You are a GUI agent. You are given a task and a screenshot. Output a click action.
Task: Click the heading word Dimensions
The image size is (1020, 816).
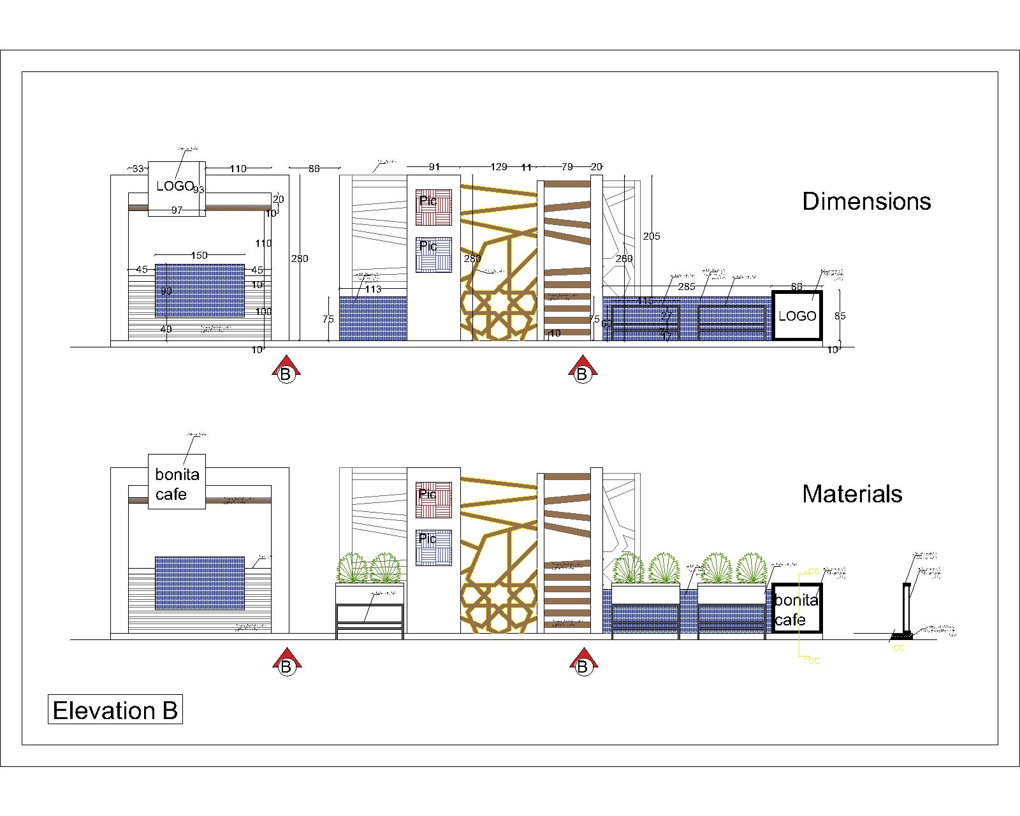pos(866,201)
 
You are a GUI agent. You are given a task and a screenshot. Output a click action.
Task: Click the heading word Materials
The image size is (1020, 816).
pos(852,494)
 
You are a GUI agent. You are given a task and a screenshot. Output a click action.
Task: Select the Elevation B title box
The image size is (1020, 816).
pos(115,710)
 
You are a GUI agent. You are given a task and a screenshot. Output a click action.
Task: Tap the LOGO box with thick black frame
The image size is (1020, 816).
pos(797,316)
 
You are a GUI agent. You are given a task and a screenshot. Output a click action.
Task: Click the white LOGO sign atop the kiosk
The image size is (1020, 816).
pos(177,188)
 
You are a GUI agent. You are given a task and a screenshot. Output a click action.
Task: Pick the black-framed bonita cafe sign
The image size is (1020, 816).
pos(796,609)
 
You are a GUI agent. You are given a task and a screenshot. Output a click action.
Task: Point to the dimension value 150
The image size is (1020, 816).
pos(200,255)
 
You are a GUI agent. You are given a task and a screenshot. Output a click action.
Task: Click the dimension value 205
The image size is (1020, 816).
pos(652,237)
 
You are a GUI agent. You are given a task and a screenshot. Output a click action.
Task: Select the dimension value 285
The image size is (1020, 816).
pos(687,287)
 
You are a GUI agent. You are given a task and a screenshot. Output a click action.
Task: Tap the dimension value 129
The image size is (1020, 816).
pos(499,167)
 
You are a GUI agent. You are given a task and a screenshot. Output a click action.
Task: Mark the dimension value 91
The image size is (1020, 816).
pos(434,167)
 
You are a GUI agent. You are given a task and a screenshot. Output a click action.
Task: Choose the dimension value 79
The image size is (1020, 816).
pos(567,167)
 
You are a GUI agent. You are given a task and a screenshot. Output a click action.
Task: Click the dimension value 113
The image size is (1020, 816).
pos(373,289)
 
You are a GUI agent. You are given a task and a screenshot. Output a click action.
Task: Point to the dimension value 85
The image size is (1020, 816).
pos(840,316)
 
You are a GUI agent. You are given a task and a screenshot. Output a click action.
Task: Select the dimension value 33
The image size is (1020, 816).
pos(138,169)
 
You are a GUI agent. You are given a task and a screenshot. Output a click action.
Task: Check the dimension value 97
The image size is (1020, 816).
pos(177,210)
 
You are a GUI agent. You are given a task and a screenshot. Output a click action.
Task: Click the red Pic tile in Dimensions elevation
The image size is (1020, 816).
pos(433,207)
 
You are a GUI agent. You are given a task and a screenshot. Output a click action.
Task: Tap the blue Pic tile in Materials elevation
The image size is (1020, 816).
pos(433,548)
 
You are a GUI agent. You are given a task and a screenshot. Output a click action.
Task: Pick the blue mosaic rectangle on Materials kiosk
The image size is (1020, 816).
pos(200,583)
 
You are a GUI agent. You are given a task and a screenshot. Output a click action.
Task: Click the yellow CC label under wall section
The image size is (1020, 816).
pos(898,648)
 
